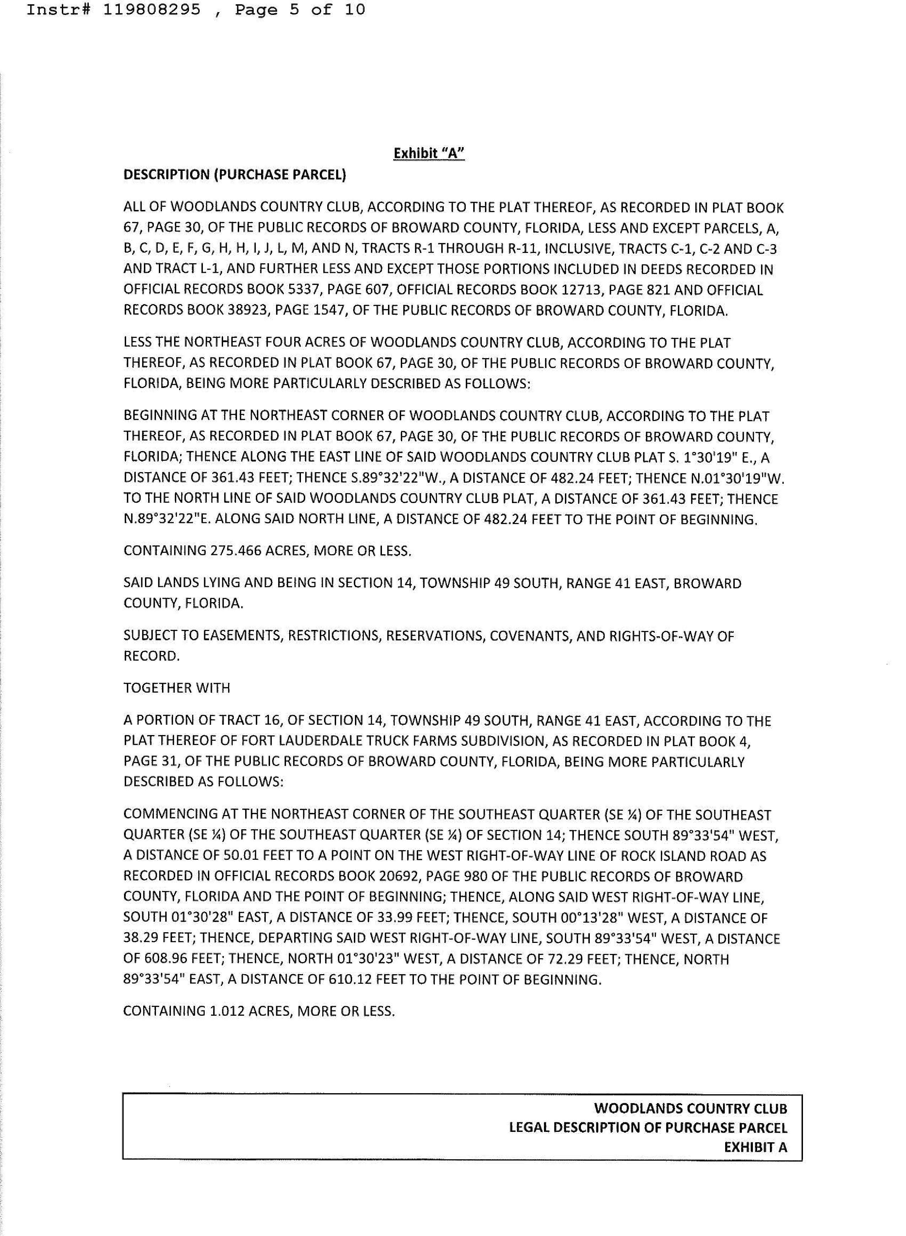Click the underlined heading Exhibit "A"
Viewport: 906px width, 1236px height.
[x=429, y=153]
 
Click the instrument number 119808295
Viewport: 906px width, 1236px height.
[x=151, y=10]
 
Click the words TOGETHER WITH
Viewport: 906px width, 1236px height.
[x=177, y=688]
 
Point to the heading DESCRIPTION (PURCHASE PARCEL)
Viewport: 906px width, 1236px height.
[x=235, y=175]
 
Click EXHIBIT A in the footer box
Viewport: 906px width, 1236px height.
[x=755, y=1147]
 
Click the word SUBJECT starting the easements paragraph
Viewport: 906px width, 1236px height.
[x=149, y=636]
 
